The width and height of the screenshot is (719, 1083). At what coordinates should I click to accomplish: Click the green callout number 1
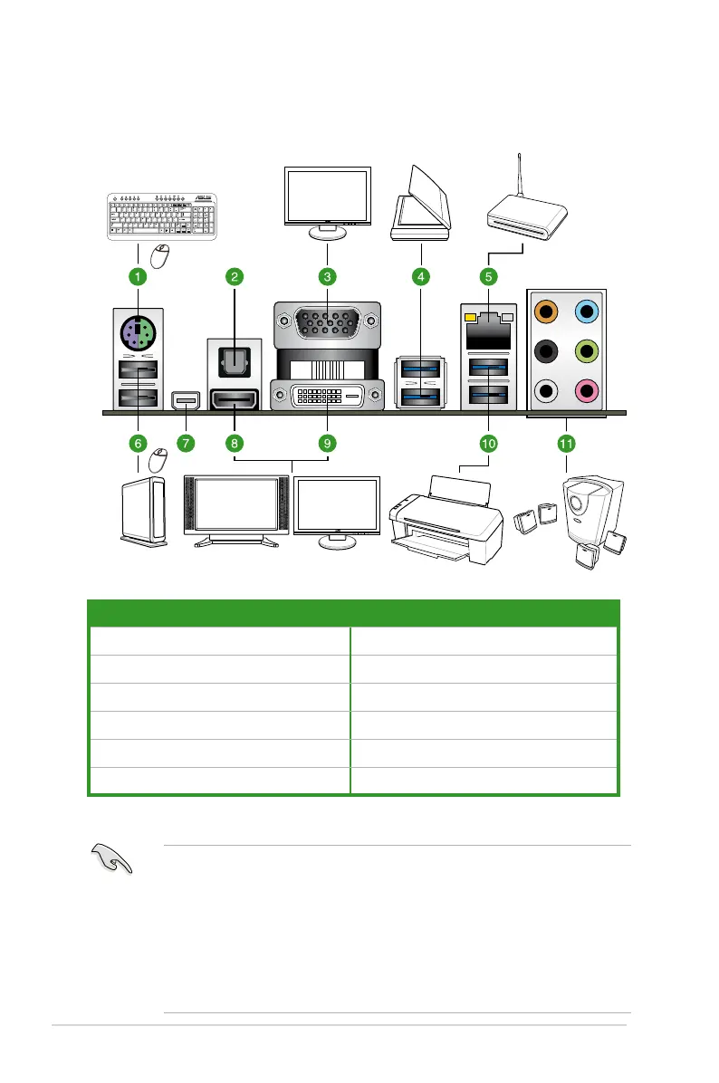click(x=137, y=274)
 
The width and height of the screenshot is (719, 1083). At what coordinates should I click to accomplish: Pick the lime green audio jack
click(x=588, y=351)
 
